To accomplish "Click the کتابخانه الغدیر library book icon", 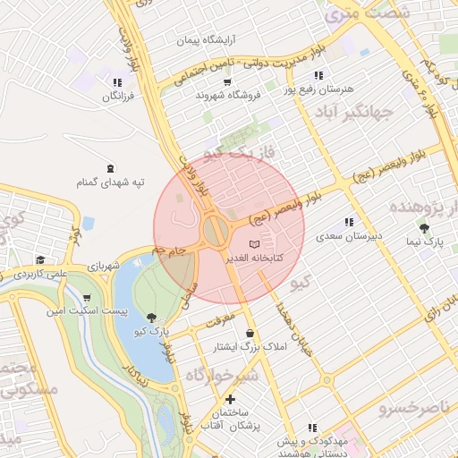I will pos(255,244).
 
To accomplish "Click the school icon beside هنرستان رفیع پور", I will pos(319,75).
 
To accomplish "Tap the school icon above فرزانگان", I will pos(117,82).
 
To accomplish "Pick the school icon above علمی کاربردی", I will pos(39,260).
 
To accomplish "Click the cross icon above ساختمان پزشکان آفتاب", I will pos(231,399).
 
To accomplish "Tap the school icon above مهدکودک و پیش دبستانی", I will pos(312,428).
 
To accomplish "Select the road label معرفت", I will pos(225,315).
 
